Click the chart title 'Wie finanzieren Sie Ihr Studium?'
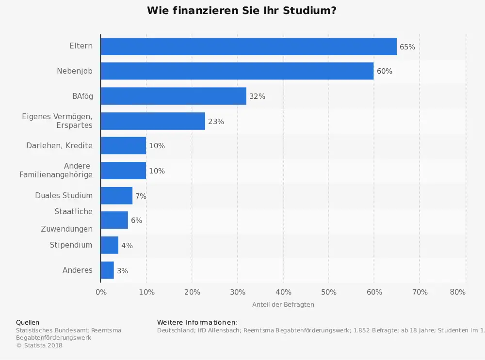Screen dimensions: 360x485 pos(242,11)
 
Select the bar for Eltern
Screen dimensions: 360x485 pos(248,47)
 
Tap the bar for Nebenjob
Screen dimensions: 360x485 pos(237,71)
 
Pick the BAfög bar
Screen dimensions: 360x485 pos(173,96)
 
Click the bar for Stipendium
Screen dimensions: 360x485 pos(109,245)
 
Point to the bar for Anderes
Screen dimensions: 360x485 pos(107,270)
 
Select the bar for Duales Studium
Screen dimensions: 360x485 pos(116,196)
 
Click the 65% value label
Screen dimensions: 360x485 pos(407,47)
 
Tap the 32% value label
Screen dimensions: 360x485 pos(257,96)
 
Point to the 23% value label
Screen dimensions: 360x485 pos(216,122)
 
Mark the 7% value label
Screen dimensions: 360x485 pos(141,196)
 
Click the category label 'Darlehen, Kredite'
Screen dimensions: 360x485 pos(59,145)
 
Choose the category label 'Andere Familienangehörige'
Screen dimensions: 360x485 pos(56,170)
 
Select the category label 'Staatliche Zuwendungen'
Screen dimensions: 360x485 pos(66,220)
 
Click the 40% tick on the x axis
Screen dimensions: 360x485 pos(283,292)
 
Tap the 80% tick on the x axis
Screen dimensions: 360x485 pos(457,292)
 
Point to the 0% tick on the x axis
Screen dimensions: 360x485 pos(101,292)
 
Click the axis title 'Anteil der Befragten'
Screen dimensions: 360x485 pos(283,304)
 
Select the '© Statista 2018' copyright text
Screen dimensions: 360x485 pos(39,345)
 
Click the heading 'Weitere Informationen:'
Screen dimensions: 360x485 pos(197,322)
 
